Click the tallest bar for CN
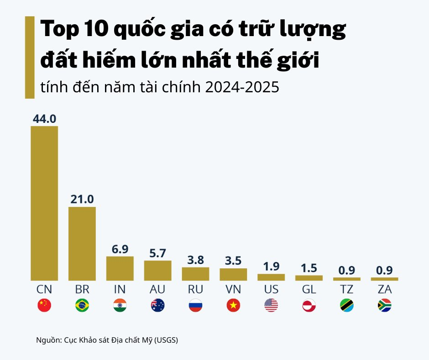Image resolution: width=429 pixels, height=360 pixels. [x=44, y=203]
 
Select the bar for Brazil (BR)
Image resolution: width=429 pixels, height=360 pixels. [x=82, y=244]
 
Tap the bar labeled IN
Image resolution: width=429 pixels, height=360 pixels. [x=120, y=268]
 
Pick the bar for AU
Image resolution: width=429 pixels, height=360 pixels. [x=158, y=270]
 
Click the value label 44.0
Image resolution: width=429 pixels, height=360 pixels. [x=44, y=119]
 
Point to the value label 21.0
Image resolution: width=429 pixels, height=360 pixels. [x=82, y=199]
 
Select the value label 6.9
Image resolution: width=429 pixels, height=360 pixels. [x=120, y=249]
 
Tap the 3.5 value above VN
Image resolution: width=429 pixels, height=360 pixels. [x=233, y=261]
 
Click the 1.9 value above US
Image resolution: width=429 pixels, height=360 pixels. [x=271, y=266]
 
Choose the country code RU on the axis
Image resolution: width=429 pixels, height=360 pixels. [x=195, y=290]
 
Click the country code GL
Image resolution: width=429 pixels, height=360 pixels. [x=309, y=290]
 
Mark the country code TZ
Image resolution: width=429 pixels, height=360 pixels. [x=347, y=290]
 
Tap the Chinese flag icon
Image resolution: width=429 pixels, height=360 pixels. [x=44, y=306]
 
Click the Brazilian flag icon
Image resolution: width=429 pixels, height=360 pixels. [x=82, y=306]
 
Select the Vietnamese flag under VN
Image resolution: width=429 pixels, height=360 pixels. [x=233, y=306]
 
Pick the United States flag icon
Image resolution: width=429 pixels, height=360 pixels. [x=271, y=306]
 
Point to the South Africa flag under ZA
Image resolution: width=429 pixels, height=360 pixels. [x=385, y=306]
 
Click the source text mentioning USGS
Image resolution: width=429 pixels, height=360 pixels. [x=107, y=340]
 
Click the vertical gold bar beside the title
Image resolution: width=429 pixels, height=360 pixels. [x=30, y=57]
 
